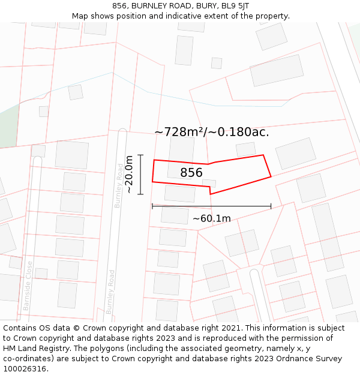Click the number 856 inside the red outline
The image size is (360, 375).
[191, 173]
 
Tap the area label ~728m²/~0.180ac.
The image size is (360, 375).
[211, 132]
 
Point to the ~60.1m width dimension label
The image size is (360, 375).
[211, 218]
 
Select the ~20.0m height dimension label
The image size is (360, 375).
[128, 174]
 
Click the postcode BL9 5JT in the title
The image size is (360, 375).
[235, 6]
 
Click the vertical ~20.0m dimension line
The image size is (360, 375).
[140, 175]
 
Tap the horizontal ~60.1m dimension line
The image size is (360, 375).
[211, 206]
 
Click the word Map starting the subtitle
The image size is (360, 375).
[80, 16]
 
